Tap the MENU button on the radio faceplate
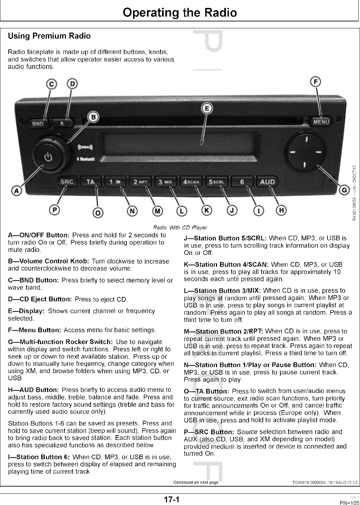(321, 122)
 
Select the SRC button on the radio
(67, 181)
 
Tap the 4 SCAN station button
(191, 182)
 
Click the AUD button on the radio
(267, 181)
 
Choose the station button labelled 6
(242, 182)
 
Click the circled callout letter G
(344, 190)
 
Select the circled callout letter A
(16, 190)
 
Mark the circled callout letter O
(97, 213)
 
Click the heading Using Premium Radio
(49, 36)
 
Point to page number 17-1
(171, 500)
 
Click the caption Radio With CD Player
(180, 227)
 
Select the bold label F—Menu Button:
(35, 330)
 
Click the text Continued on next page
(196, 482)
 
